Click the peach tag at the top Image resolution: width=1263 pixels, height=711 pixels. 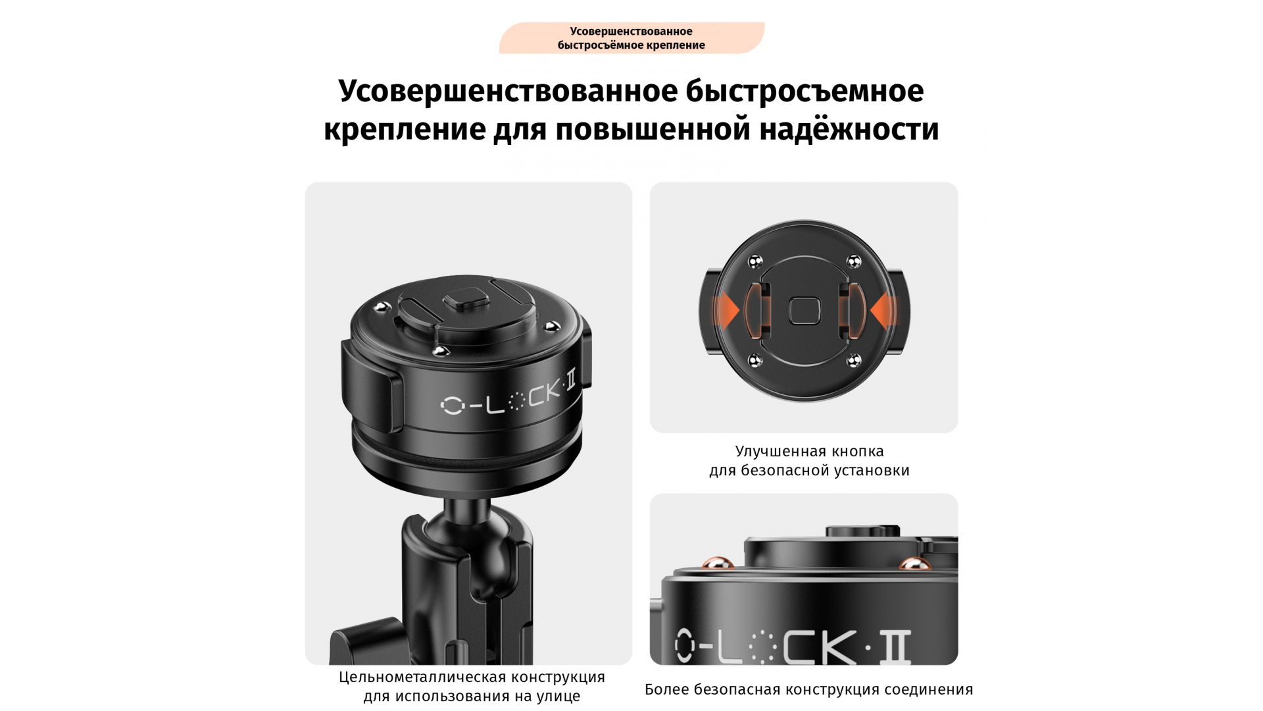(x=631, y=38)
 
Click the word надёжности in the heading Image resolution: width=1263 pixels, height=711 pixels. (x=849, y=129)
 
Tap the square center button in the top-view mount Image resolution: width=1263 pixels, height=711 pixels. (x=804, y=311)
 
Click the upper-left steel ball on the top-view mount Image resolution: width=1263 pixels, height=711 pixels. (x=755, y=261)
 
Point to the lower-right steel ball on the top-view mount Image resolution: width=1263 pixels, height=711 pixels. (x=853, y=360)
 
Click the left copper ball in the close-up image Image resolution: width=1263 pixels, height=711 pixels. (x=718, y=563)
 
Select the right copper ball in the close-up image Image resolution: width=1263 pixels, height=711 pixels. (x=914, y=564)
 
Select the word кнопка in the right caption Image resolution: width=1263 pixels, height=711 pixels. (x=858, y=452)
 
